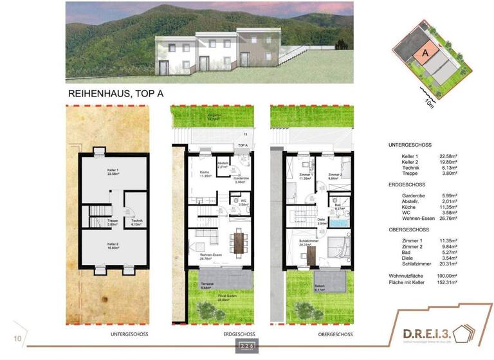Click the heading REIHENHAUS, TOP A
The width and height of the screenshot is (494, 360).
point(116,94)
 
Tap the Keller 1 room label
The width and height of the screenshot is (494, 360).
point(114,172)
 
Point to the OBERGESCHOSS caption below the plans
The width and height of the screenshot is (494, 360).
point(334,334)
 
